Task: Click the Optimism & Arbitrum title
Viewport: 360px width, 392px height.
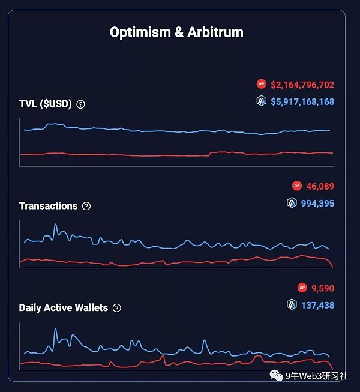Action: [x=176, y=32]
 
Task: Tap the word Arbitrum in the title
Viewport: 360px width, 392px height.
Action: [x=216, y=32]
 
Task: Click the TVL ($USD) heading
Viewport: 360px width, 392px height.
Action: [x=46, y=104]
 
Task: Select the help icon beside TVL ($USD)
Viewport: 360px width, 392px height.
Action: [x=81, y=104]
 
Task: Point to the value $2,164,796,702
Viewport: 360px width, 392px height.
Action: [x=302, y=85]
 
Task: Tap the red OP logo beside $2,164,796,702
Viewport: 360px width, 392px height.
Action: [x=261, y=85]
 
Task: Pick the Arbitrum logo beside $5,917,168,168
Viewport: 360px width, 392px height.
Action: [x=261, y=101]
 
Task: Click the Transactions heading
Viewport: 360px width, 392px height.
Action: [x=48, y=206]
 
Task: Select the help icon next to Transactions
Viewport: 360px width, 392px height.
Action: [x=86, y=206]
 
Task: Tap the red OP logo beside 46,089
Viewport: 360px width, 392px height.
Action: [x=296, y=186]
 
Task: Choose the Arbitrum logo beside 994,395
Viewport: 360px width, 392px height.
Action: [x=292, y=203]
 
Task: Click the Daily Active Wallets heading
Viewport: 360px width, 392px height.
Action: [x=63, y=308]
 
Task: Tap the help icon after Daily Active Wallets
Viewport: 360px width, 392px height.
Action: [x=117, y=308]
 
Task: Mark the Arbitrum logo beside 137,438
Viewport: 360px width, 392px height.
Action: [x=292, y=304]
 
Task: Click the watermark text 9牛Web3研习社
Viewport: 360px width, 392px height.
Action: [x=316, y=376]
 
